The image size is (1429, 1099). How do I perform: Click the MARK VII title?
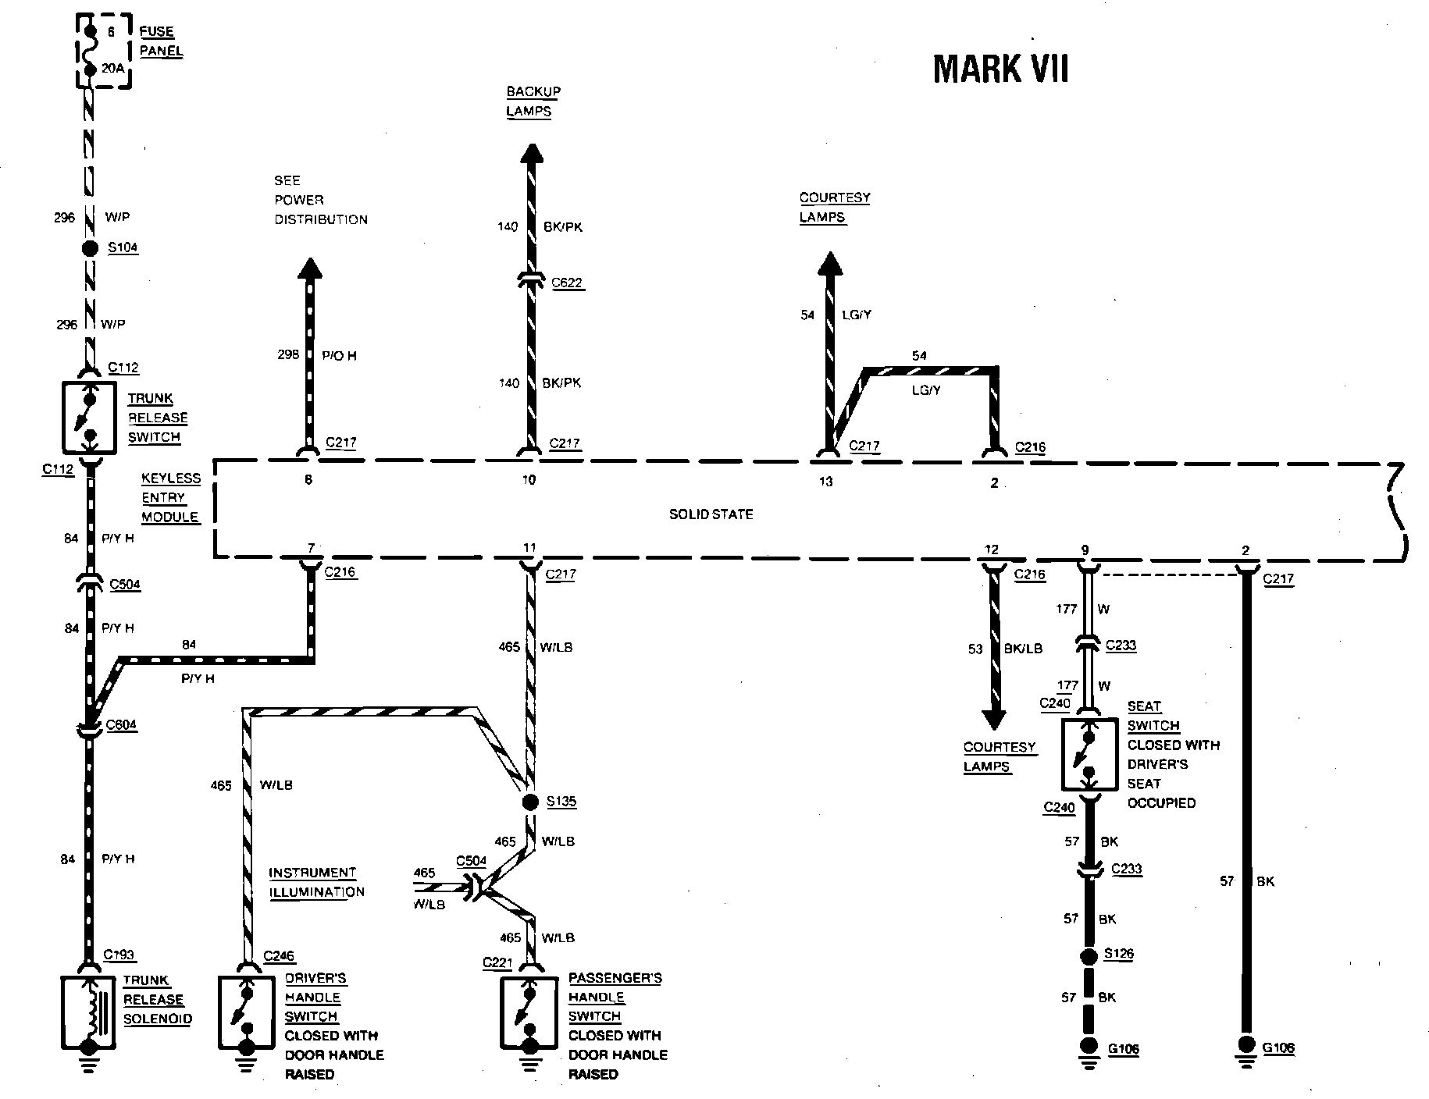click(x=1000, y=69)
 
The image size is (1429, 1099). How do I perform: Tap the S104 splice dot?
click(x=90, y=248)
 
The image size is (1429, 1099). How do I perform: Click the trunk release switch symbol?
click(x=90, y=418)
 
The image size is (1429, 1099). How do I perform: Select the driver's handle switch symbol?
click(x=248, y=1012)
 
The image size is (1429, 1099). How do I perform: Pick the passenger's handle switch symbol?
click(x=529, y=1012)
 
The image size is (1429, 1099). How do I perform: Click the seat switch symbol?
click(x=1089, y=754)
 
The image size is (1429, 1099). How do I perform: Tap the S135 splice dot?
click(x=530, y=802)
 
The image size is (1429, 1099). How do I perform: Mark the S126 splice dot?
click(x=1089, y=955)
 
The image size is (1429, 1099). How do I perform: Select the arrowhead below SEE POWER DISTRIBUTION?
click(x=310, y=269)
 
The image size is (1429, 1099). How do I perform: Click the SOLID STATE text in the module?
click(x=711, y=514)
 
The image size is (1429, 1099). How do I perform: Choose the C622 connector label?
click(x=567, y=283)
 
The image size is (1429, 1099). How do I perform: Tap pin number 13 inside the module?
click(x=825, y=482)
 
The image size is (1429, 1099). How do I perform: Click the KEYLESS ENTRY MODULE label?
click(x=170, y=497)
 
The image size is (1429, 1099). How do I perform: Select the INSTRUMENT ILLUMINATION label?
click(x=316, y=882)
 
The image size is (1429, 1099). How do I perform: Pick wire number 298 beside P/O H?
click(x=288, y=354)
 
